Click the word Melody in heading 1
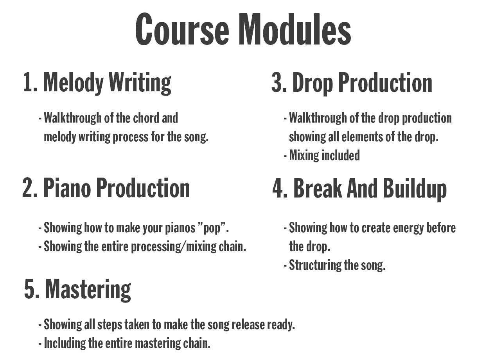[73, 83]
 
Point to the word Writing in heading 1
[140, 83]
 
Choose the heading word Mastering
[88, 290]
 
